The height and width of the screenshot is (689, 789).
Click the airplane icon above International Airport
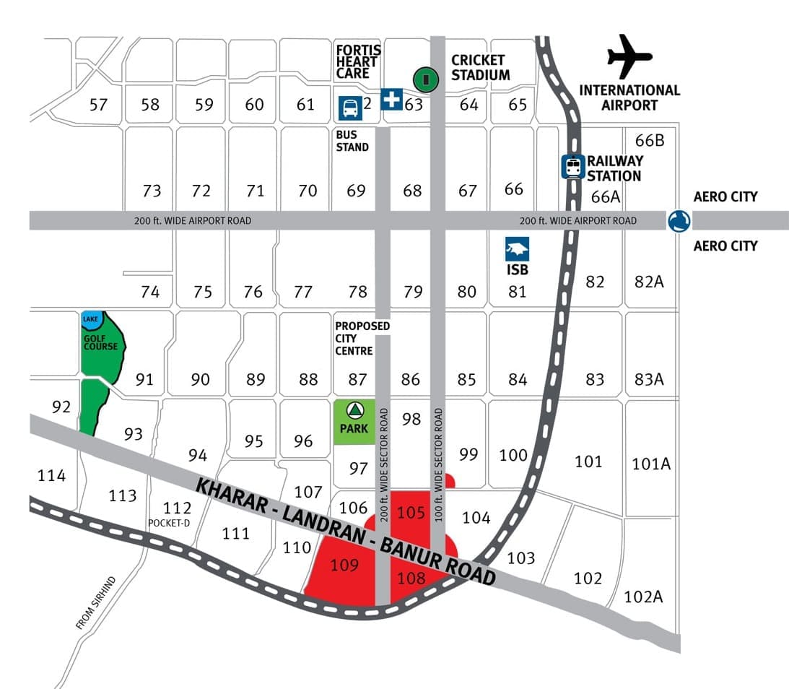[629, 57]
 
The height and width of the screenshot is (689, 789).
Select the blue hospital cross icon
[391, 98]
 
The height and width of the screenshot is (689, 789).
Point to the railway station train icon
[573, 167]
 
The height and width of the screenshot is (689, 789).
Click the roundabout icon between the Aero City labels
[679, 221]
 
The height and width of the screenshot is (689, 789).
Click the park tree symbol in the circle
[354, 412]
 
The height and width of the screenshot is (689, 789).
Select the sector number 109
[344, 565]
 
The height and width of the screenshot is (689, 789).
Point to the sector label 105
[411, 513]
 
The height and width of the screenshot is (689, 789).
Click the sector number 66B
[650, 140]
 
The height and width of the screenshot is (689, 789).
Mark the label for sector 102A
[644, 597]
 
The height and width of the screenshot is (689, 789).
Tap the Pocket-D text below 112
[168, 523]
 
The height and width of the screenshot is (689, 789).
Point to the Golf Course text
[100, 342]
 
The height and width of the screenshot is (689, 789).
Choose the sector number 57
[98, 105]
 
